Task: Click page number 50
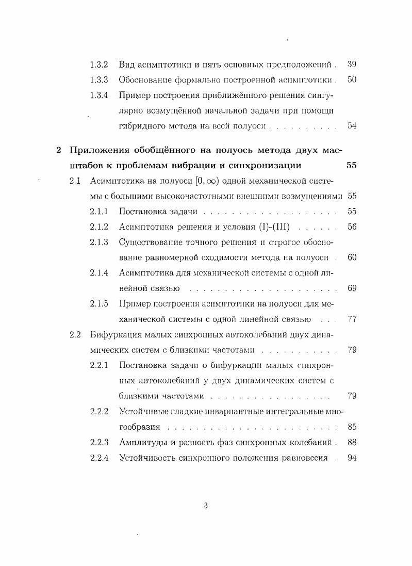tap(352, 80)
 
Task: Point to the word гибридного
tap(138, 126)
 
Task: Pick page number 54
tap(352, 126)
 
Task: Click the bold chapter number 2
tap(59, 150)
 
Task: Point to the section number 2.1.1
tap(98, 212)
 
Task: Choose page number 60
tap(352, 257)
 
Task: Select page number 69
tap(352, 288)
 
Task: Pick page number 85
tap(352, 427)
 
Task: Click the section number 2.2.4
tap(98, 458)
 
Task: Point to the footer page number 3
tap(206, 506)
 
